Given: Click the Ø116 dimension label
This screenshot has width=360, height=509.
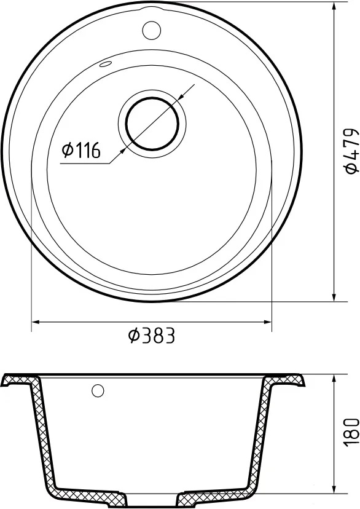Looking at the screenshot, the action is (x=81, y=150).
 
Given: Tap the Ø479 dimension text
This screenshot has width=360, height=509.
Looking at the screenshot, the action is (x=351, y=151).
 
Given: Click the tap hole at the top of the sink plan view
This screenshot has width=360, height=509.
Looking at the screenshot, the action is (x=151, y=30).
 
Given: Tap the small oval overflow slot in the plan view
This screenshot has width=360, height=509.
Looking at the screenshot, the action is (x=106, y=64).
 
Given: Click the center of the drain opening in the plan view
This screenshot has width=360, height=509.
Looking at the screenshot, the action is (x=152, y=124).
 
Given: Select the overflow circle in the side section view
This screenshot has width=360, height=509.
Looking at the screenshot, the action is (x=98, y=390).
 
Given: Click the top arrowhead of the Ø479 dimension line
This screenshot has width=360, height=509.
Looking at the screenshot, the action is (x=334, y=7).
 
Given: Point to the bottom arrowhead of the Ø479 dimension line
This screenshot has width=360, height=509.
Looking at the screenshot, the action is (x=334, y=296).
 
